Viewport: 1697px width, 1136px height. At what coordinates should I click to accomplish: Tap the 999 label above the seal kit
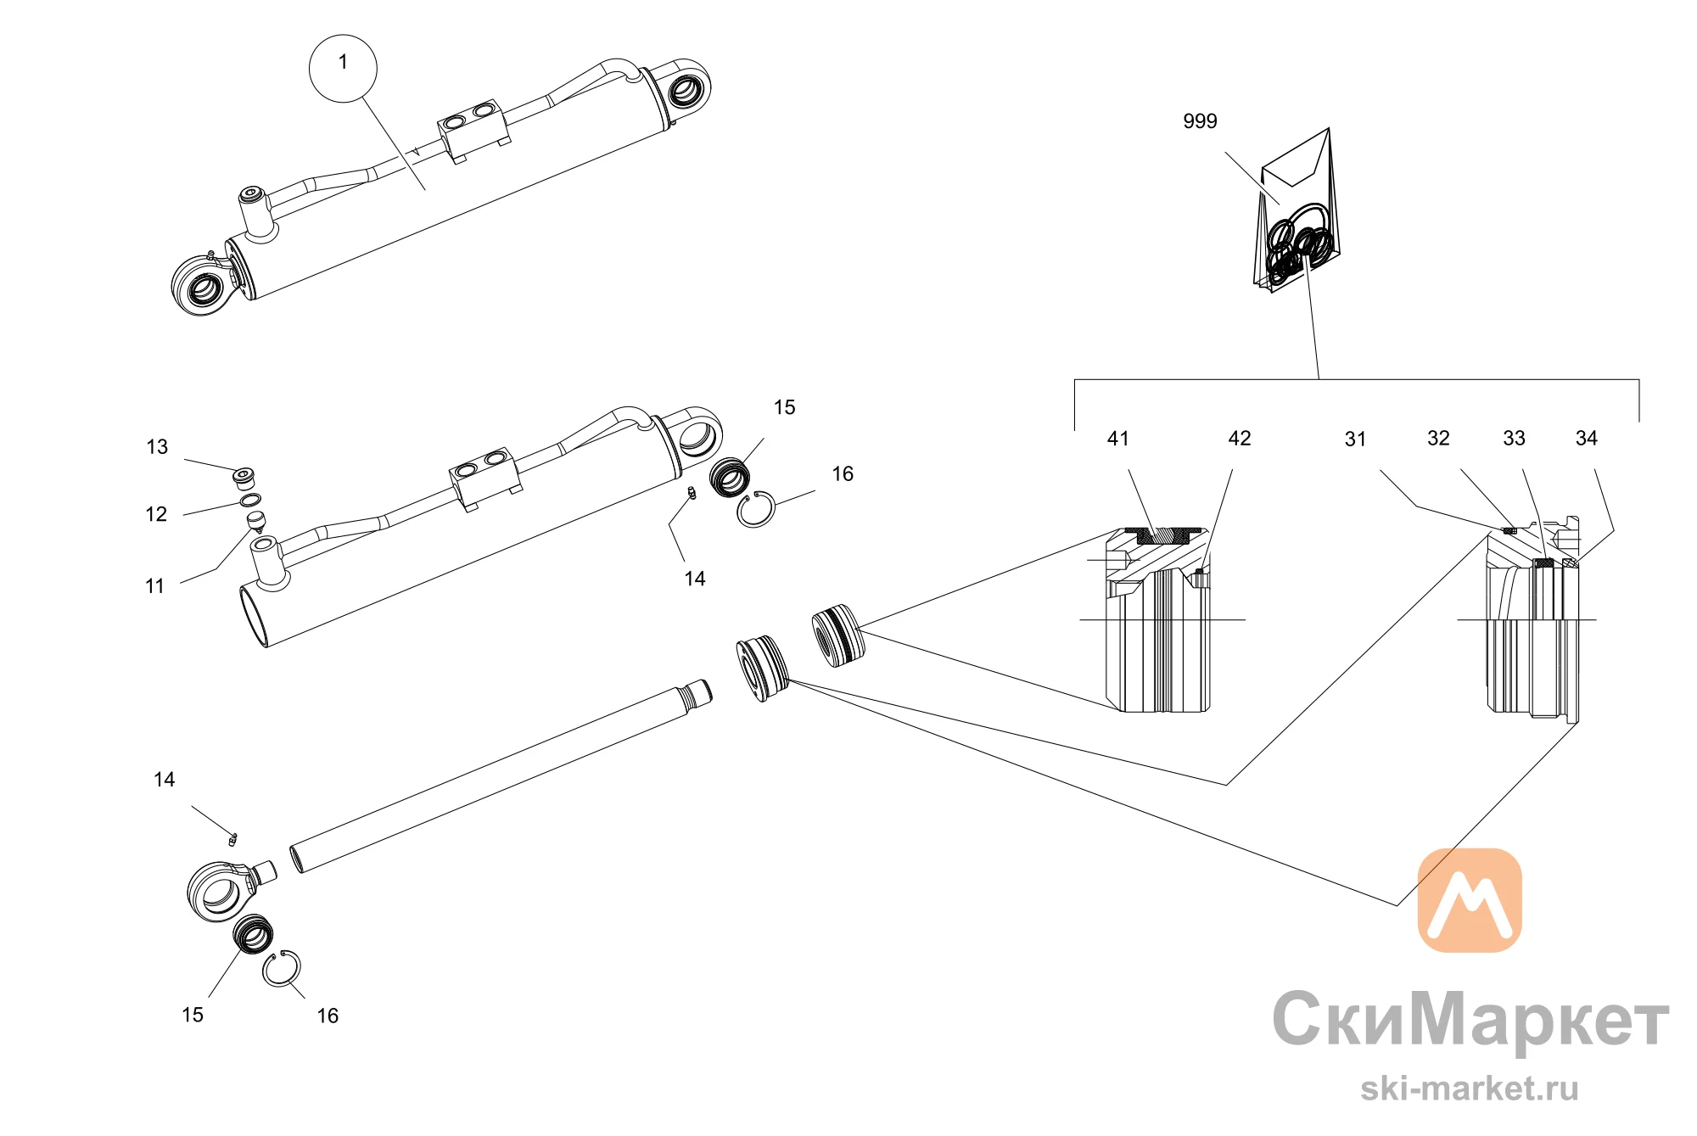click(x=1200, y=121)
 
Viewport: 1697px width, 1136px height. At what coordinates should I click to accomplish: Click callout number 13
click(x=157, y=447)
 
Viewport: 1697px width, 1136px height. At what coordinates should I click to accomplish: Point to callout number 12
click(x=156, y=514)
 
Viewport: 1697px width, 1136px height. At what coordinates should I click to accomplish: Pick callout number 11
click(x=154, y=586)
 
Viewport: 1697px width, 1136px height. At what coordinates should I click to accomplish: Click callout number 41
click(x=1118, y=439)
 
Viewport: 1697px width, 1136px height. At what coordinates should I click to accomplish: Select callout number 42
click(x=1240, y=439)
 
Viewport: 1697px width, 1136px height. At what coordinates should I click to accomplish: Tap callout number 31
click(x=1355, y=439)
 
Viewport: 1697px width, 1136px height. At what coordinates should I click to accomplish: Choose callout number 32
click(x=1438, y=439)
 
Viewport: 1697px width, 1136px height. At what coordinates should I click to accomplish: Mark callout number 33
click(x=1514, y=439)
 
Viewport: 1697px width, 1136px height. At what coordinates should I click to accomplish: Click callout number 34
click(x=1586, y=439)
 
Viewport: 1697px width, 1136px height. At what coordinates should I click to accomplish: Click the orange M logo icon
click(x=1470, y=900)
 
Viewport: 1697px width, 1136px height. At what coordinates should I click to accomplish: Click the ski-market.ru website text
click(x=1470, y=1088)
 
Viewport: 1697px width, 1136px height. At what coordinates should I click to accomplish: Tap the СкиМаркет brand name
click(x=1470, y=1019)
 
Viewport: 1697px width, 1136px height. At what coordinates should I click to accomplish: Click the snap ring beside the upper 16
click(x=756, y=510)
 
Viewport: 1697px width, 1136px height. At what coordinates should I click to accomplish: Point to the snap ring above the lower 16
click(x=281, y=969)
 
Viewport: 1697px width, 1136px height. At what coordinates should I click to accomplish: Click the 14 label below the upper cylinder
click(x=695, y=579)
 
